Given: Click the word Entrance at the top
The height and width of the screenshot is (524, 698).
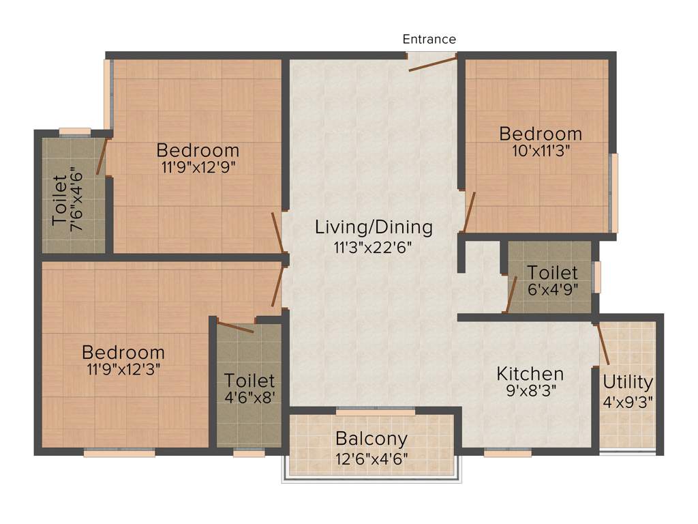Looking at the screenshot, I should coord(429,39).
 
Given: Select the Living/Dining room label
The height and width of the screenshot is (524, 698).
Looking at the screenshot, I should coord(374,227).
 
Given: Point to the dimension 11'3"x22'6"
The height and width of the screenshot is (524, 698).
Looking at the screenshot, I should coord(374,247).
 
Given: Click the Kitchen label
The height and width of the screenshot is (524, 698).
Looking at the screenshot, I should coord(530,374).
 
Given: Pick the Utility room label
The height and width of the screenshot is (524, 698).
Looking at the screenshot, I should coord(628,382).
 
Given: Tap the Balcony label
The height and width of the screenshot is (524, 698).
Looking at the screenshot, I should coord(371,439).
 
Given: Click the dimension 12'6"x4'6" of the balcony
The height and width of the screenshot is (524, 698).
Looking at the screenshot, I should coord(371,458).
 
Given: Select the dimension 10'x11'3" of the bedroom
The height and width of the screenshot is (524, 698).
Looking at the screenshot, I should coord(541,151).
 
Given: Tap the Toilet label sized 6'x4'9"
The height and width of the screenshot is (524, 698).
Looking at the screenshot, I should coord(552,273).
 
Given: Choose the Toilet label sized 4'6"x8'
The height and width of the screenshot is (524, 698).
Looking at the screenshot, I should coord(249,380).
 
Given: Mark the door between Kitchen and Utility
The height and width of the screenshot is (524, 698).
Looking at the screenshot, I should coord(603,345).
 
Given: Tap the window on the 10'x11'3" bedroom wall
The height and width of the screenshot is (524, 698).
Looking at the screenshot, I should coord(613,193).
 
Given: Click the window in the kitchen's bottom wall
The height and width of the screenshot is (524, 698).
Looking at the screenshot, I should coord(507,452).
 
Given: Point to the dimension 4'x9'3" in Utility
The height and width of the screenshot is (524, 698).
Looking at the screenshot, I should coord(628,401).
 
